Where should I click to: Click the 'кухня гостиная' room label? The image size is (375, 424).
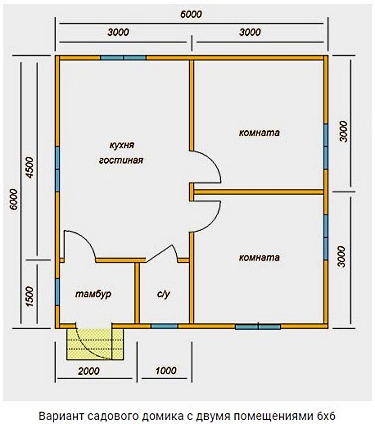point(121,153)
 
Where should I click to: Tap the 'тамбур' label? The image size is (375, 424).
point(93,294)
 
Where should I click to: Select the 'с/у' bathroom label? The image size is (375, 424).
point(163,294)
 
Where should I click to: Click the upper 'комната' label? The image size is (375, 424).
point(259,133)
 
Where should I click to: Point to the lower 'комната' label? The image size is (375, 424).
point(259,258)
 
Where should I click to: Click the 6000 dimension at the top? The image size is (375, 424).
point(191,14)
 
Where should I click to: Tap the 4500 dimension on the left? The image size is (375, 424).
point(30,167)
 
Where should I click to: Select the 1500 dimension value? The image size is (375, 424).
point(30,297)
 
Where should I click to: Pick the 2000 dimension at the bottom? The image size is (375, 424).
point(89,371)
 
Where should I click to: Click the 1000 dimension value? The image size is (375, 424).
point(166,370)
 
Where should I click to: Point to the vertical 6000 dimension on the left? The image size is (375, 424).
point(13,199)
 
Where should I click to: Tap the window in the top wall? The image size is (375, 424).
point(123,58)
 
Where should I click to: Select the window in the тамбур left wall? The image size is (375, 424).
point(57,292)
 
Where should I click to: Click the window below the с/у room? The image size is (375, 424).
point(164,326)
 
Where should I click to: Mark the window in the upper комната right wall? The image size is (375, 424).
point(326,147)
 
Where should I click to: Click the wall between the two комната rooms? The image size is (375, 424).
point(259,192)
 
